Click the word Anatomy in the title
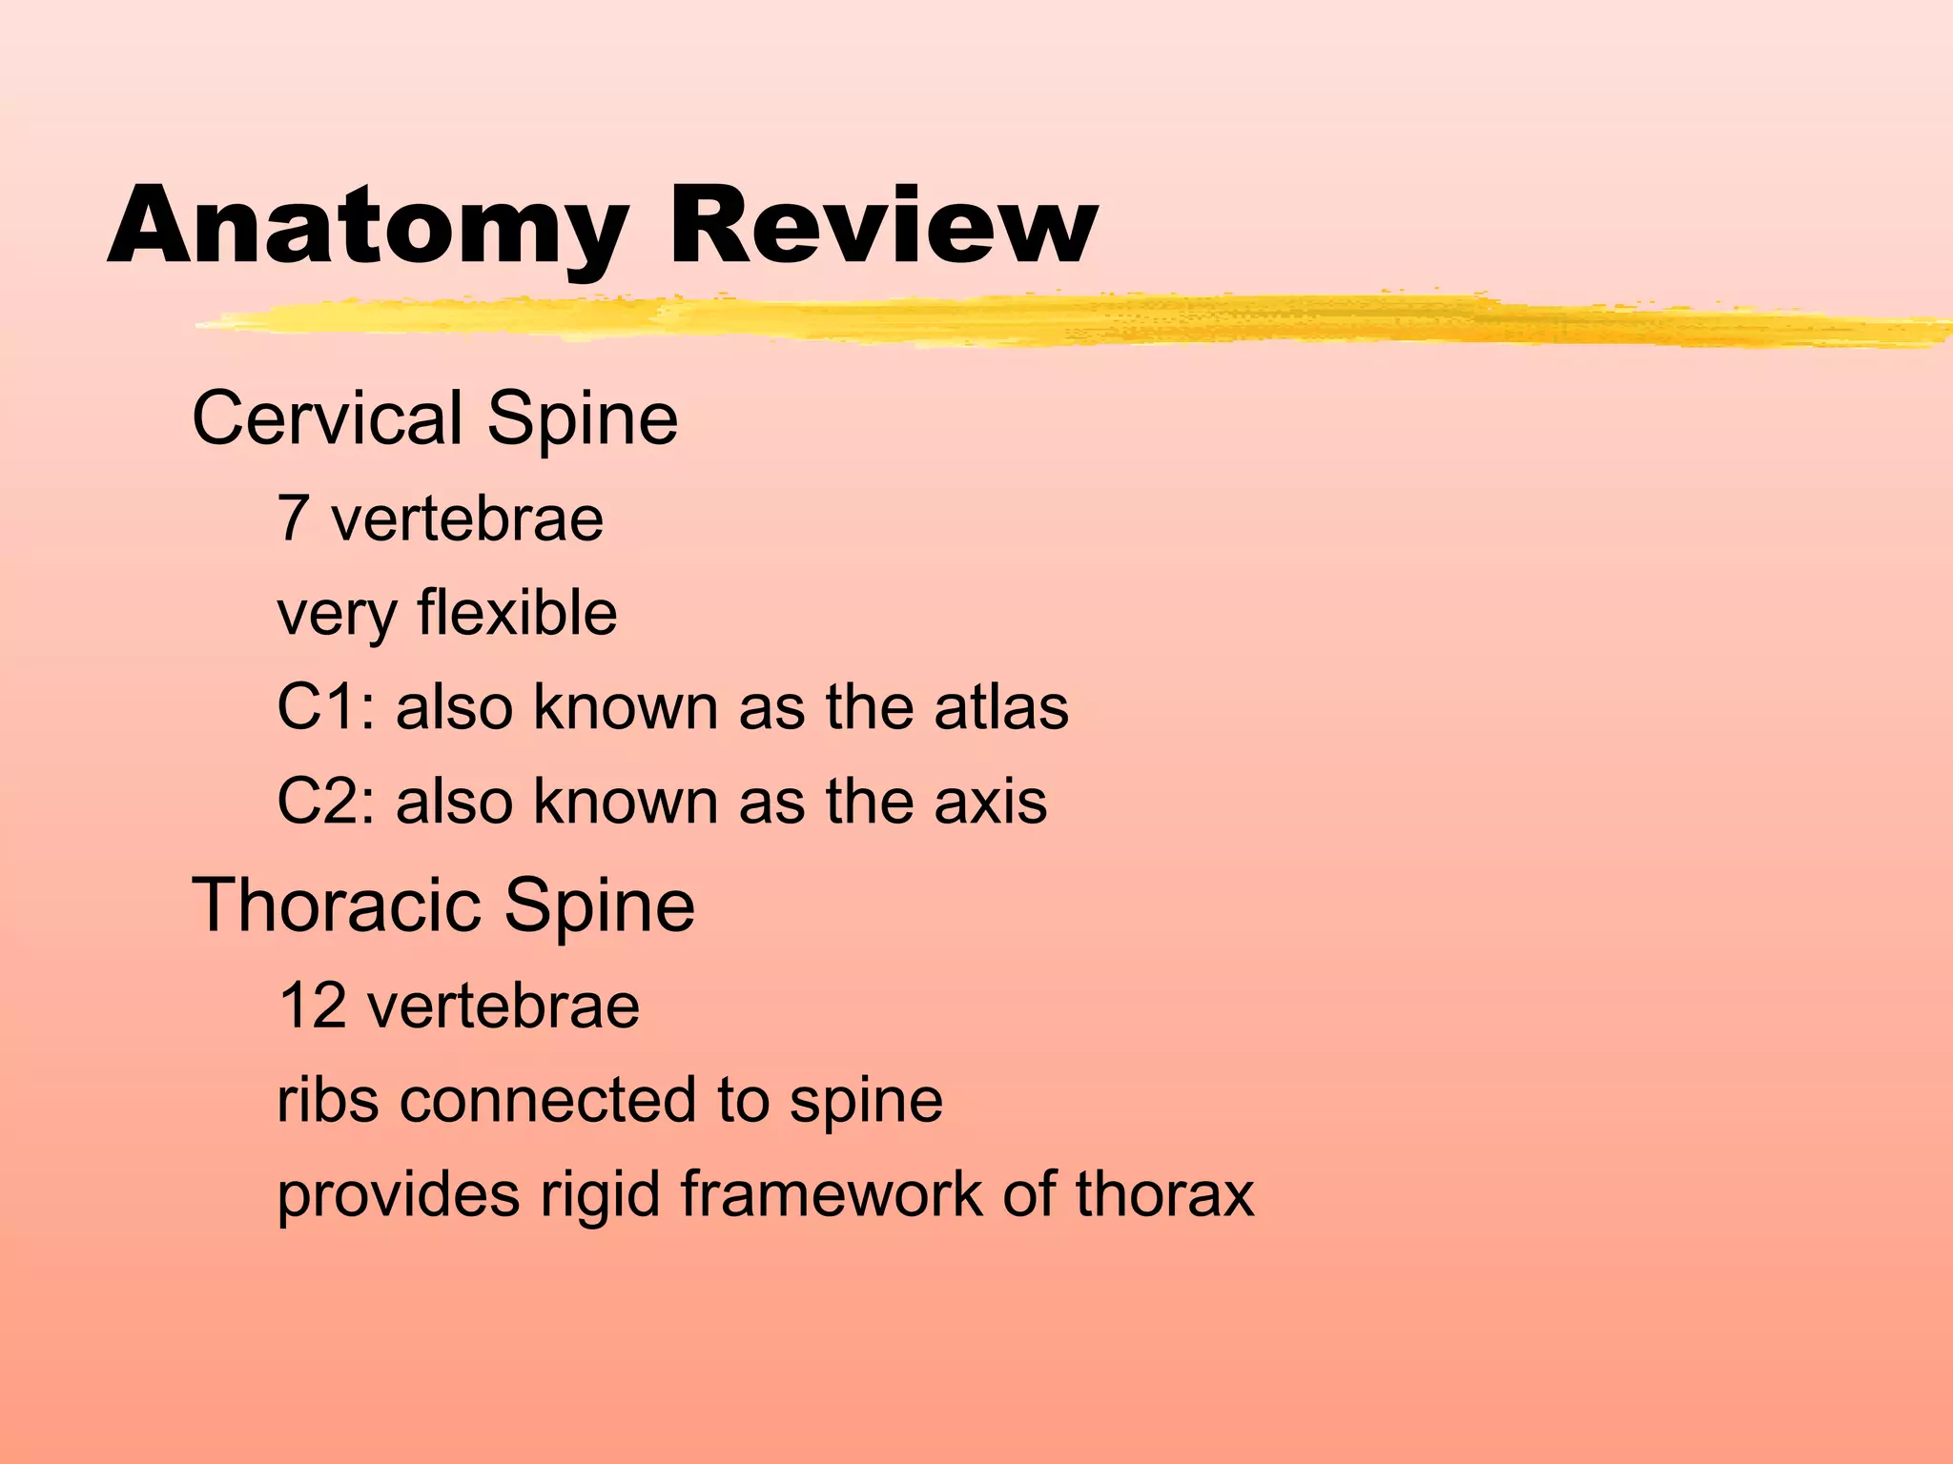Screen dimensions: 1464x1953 click(367, 226)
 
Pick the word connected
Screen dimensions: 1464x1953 click(549, 1100)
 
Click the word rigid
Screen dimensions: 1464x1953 click(600, 1195)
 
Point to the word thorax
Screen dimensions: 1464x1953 click(1164, 1193)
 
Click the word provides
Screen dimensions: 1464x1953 click(399, 1195)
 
